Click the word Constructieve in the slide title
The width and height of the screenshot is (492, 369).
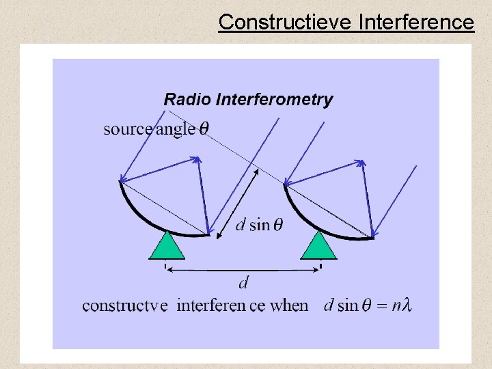pos(284,23)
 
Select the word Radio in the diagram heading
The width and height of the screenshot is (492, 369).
pos(187,100)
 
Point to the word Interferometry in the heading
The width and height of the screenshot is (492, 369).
pos(274,100)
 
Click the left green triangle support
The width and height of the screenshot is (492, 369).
pos(166,247)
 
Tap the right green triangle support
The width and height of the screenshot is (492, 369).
pos(319,247)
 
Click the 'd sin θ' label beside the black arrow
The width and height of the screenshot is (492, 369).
pos(259,225)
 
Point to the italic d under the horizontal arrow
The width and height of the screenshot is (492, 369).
pos(243,282)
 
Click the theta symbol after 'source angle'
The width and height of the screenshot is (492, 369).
pos(204,129)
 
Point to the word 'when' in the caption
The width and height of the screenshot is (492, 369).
pos(289,305)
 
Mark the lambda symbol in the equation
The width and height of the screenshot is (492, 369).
pos(407,305)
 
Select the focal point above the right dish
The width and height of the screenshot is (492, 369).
pos(361,162)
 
